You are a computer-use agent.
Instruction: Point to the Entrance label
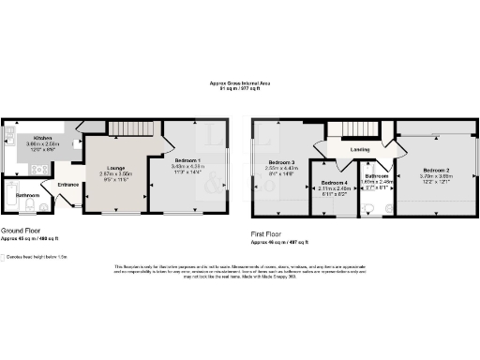68,185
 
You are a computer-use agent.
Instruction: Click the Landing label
360,148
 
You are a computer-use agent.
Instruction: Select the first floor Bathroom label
377,175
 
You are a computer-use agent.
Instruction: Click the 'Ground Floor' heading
21,230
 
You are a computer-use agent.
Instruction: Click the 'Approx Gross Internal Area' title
239,84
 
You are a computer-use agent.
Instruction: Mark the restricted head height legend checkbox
4,256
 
